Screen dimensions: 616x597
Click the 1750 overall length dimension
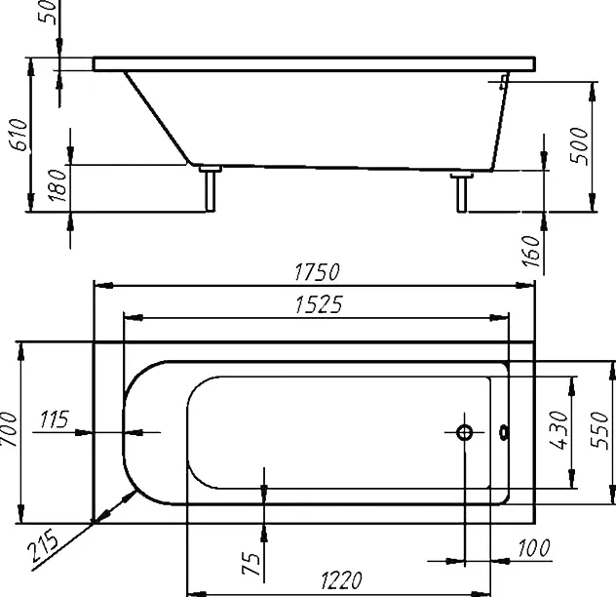point(316,272)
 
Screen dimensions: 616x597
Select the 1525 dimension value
point(319,304)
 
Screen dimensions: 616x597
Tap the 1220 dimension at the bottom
point(341,580)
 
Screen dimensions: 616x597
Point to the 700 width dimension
point(10,429)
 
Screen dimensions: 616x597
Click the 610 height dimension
point(19,134)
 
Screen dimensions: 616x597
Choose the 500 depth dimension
point(580,146)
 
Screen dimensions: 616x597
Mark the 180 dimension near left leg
point(58,184)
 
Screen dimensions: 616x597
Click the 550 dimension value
point(599,430)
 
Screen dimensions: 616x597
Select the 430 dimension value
point(558,430)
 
